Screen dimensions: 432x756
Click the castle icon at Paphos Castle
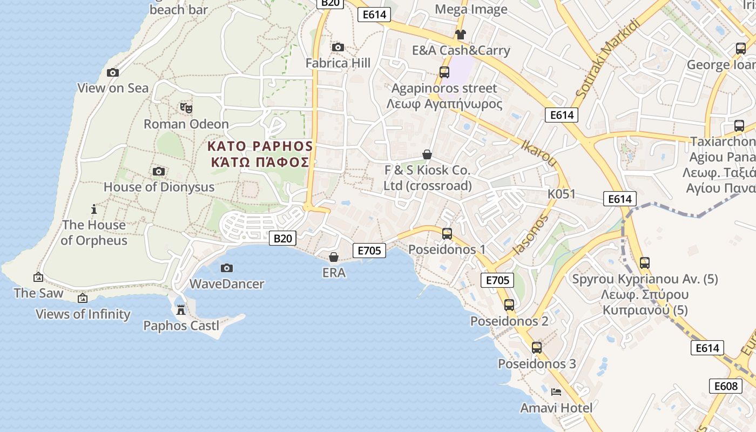pyautogui.click(x=181, y=310)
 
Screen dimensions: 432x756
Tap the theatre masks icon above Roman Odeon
pyautogui.click(x=186, y=108)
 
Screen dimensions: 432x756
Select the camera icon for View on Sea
pyautogui.click(x=113, y=73)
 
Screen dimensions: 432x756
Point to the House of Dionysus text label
pyautogui.click(x=159, y=187)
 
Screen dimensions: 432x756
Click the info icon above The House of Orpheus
pyautogui.click(x=94, y=209)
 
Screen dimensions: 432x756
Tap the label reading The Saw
pyautogui.click(x=38, y=293)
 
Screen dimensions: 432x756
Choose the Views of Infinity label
pyautogui.click(x=83, y=314)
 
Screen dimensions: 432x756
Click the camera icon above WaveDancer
pyautogui.click(x=227, y=268)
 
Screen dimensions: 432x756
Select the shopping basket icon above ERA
pyautogui.click(x=334, y=257)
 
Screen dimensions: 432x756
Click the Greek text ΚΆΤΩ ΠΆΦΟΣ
pyautogui.click(x=260, y=162)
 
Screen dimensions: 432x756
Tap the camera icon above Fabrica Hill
pyautogui.click(x=338, y=48)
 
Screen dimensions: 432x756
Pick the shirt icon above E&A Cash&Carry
pyautogui.click(x=460, y=35)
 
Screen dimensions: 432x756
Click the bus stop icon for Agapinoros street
pyautogui.click(x=444, y=72)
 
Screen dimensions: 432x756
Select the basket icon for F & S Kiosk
pyautogui.click(x=427, y=155)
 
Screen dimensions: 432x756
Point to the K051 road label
pyautogui.click(x=562, y=194)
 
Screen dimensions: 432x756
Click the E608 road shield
pyautogui.click(x=725, y=386)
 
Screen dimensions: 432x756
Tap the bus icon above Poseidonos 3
pyautogui.click(x=536, y=348)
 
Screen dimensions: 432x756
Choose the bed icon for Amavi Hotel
pyautogui.click(x=556, y=391)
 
